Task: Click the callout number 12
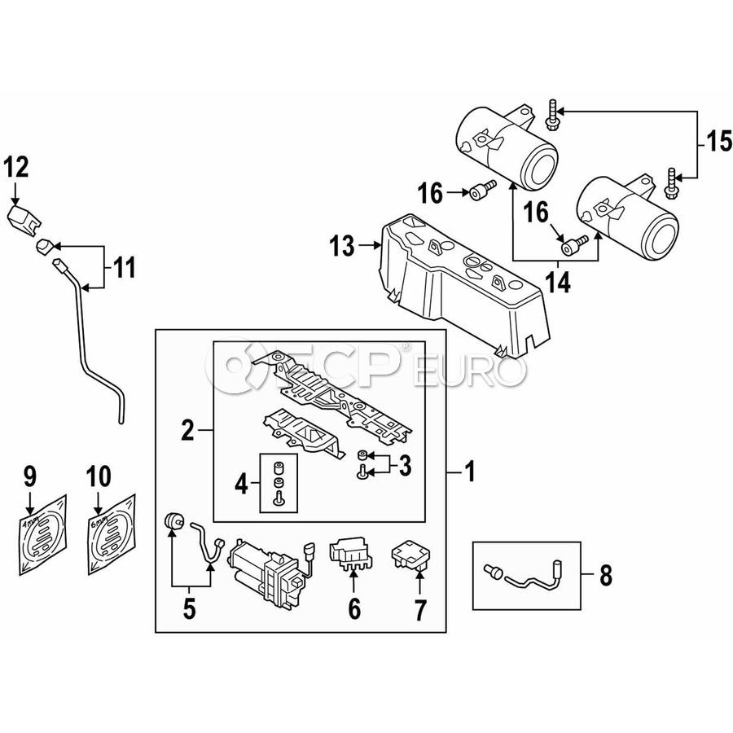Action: click(16, 168)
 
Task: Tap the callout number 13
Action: click(343, 245)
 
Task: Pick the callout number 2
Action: click(188, 430)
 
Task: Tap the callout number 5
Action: click(189, 608)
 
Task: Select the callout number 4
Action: click(241, 486)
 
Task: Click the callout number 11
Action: click(123, 266)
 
